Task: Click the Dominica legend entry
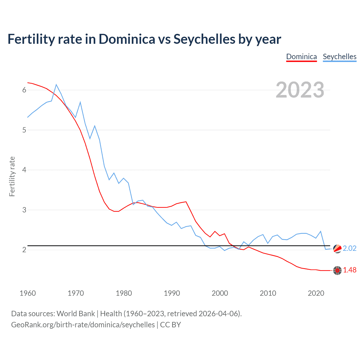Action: click(301, 57)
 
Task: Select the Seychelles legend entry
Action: click(340, 57)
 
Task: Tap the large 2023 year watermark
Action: click(300, 90)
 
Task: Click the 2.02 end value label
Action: click(349, 248)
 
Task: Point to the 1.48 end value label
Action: click(349, 270)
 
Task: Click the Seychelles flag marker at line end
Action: click(337, 249)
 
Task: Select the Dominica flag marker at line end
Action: click(337, 270)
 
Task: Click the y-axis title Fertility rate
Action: click(12, 176)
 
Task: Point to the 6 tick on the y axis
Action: click(24, 90)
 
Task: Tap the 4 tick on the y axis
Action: click(24, 170)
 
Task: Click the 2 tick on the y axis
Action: click(24, 250)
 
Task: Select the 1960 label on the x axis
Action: click(28, 293)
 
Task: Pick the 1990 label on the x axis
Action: click(172, 293)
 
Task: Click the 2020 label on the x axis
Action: click(316, 293)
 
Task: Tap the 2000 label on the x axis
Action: click(220, 293)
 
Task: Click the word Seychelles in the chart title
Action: click(204, 39)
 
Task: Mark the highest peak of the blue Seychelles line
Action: click(56, 84)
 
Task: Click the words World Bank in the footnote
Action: click(76, 313)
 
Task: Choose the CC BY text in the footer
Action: click(170, 325)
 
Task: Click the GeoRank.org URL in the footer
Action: click(83, 325)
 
